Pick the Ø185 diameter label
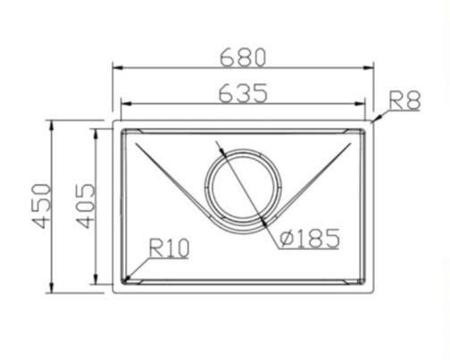(308, 239)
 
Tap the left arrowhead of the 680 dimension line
(116, 68)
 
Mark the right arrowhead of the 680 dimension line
(370, 68)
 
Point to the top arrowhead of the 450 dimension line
(53, 124)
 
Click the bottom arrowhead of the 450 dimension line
(53, 289)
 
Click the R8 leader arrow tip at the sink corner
(373, 121)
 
